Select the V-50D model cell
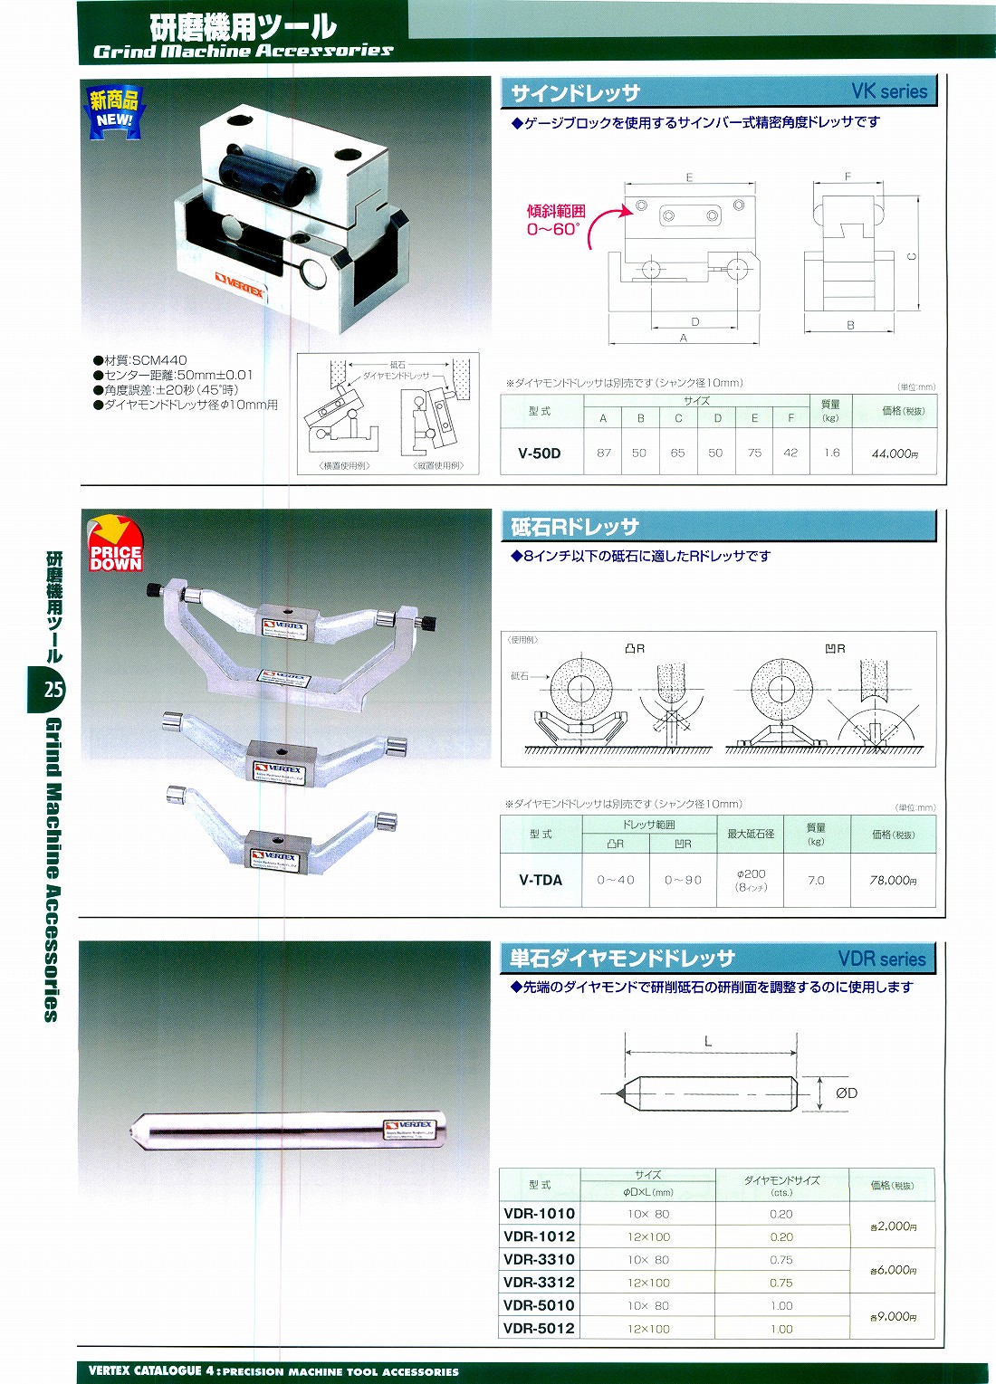pyautogui.click(x=540, y=453)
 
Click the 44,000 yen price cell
pyautogui.click(x=895, y=453)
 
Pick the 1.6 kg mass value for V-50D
pyautogui.click(x=831, y=453)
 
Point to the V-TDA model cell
pyautogui.click(x=541, y=880)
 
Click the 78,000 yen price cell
pyautogui.click(x=893, y=880)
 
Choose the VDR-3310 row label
pyautogui.click(x=540, y=1259)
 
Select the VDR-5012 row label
pyautogui.click(x=540, y=1328)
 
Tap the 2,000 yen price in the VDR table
pyautogui.click(x=894, y=1227)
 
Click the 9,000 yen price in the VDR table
pyautogui.click(x=894, y=1317)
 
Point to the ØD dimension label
pyautogui.click(x=846, y=1093)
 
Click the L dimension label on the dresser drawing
pyautogui.click(x=708, y=1042)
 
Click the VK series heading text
pyautogui.click(x=889, y=91)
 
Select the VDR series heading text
pyautogui.click(x=881, y=959)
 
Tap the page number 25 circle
pyautogui.click(x=53, y=690)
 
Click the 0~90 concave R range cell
pyautogui.click(x=683, y=880)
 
